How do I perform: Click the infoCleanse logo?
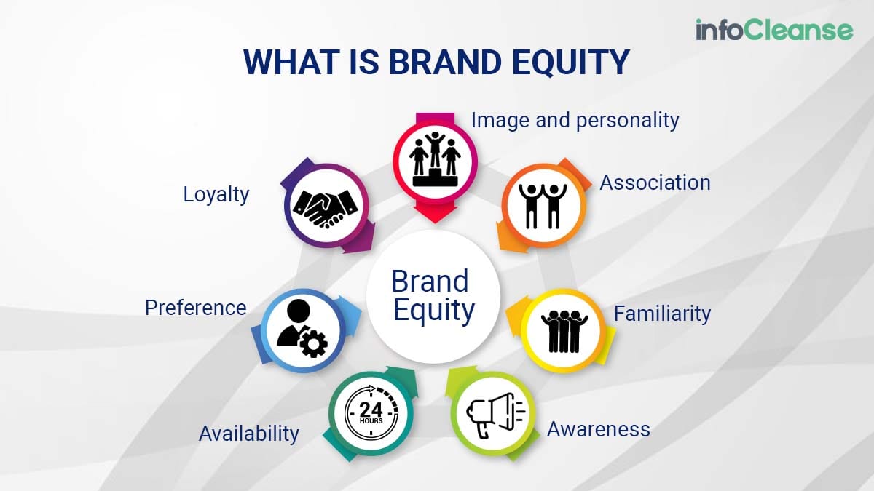click(x=774, y=30)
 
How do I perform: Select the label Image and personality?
click(x=575, y=121)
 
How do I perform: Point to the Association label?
click(x=655, y=183)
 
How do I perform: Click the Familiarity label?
click(x=662, y=314)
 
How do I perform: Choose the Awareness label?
click(x=599, y=429)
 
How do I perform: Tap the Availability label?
click(x=249, y=434)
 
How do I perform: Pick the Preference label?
click(x=195, y=308)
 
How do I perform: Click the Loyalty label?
click(x=216, y=195)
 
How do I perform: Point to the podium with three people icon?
click(x=435, y=159)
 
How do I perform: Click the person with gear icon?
click(x=302, y=329)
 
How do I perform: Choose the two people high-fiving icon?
click(x=543, y=206)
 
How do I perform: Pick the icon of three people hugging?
click(x=564, y=331)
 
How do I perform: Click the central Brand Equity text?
click(x=433, y=295)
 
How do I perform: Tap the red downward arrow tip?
click(x=435, y=223)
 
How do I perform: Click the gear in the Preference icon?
click(x=313, y=343)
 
